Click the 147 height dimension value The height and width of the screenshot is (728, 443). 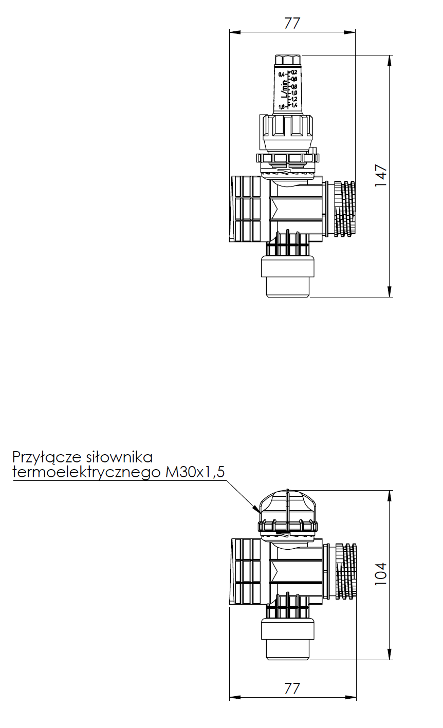click(381, 176)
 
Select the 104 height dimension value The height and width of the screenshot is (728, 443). click(381, 574)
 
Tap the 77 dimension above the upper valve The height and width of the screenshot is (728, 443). click(292, 23)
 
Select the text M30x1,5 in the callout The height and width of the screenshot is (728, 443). click(194, 473)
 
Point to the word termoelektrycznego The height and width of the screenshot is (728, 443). click(86, 473)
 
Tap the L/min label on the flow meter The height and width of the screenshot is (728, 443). click(284, 88)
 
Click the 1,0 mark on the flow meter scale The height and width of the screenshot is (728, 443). click(294, 92)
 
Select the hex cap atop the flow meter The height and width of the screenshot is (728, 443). click(288, 60)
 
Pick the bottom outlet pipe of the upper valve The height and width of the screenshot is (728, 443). click(288, 277)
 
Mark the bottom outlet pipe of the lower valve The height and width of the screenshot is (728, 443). click(288, 640)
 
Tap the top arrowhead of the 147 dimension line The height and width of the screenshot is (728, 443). click(390, 60)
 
